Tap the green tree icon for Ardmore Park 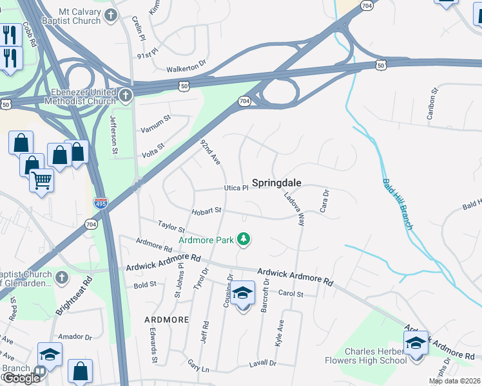(x=244, y=240)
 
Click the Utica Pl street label (x=236, y=188)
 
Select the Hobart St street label (x=206, y=210)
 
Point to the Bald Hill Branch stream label (x=396, y=205)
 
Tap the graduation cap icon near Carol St (x=242, y=293)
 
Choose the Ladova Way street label (x=293, y=208)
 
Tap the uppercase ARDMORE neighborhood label (x=166, y=319)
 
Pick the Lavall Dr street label (x=262, y=363)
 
